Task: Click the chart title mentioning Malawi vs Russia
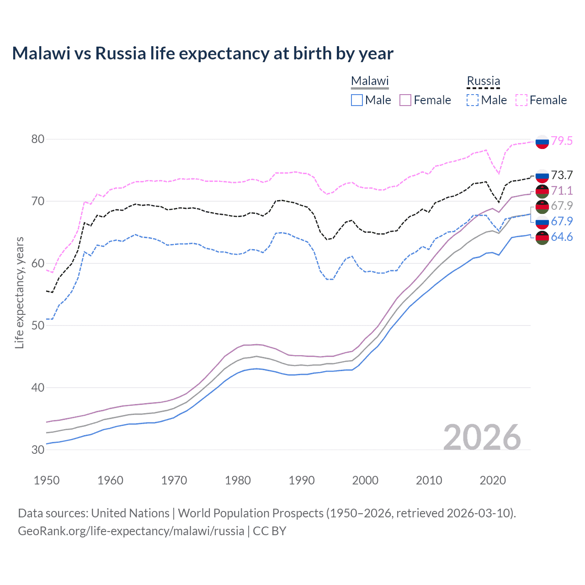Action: pos(202,53)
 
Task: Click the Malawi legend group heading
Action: pos(370,81)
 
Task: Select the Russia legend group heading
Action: pos(483,81)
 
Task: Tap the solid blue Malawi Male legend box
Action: pos(357,100)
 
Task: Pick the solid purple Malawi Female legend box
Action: pos(405,100)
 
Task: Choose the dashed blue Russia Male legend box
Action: pos(473,100)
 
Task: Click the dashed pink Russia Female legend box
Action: pos(521,100)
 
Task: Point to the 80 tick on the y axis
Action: pos(38,139)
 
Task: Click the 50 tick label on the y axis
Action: pos(38,325)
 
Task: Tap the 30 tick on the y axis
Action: pos(38,450)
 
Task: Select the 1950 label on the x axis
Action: pos(47,480)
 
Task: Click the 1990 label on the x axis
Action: pos(302,480)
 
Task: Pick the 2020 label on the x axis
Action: pos(493,480)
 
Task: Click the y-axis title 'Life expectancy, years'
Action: pos(19,292)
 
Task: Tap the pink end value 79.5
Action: pos(562,141)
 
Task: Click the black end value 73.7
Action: pos(562,175)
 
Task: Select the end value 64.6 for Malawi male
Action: pos(562,237)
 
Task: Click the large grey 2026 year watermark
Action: pos(482,437)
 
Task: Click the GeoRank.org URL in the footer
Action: pos(131,531)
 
